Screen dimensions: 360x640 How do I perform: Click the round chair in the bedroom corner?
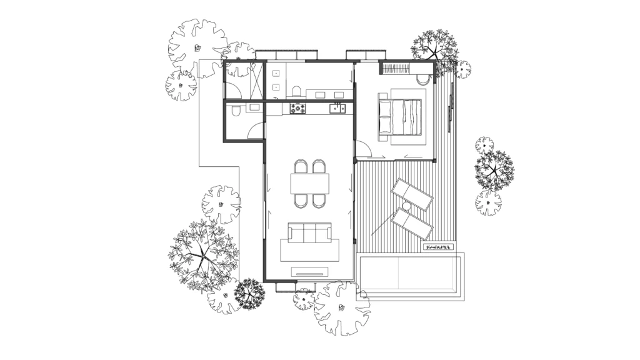[423, 79]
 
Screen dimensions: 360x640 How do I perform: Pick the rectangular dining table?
[309, 184]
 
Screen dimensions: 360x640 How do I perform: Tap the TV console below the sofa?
[311, 271]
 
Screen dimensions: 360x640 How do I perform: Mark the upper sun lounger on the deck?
[412, 193]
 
